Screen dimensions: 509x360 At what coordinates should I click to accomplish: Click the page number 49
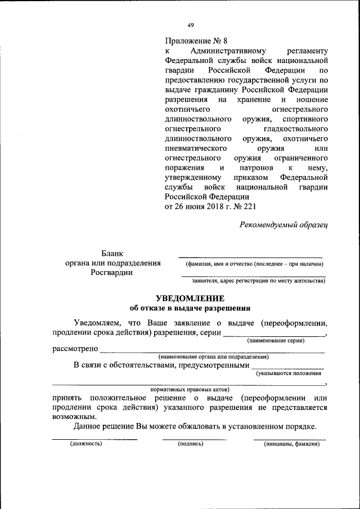(x=191, y=25)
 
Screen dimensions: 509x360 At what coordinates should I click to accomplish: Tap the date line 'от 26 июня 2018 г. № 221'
(x=210, y=206)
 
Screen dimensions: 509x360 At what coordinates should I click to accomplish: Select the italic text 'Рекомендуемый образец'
(x=283, y=224)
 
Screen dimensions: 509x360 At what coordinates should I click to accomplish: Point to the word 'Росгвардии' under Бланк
(x=112, y=273)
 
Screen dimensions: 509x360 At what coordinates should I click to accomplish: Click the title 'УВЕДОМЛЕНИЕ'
(x=190, y=298)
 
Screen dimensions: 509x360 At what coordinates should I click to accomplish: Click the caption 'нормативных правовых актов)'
(x=191, y=389)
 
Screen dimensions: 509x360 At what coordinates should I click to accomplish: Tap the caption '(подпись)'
(x=190, y=444)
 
